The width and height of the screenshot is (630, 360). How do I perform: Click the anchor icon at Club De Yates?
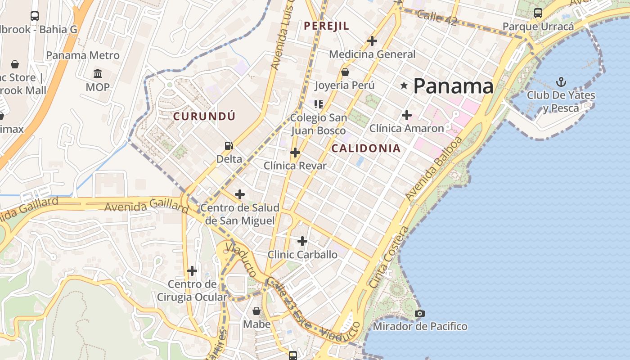coord(561,82)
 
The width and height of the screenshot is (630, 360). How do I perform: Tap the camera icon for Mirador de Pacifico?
coord(420,313)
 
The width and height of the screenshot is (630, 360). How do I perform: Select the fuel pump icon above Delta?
coord(229,145)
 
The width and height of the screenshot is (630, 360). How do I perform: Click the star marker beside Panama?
coord(404,85)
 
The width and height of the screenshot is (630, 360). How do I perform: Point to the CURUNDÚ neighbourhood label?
coord(204,116)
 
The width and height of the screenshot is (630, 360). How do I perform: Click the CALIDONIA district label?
coord(366,148)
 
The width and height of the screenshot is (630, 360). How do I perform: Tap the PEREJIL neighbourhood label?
coord(326,26)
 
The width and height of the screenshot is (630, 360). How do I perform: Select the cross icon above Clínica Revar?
coord(295,153)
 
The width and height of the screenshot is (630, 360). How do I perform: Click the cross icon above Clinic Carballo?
coord(302,241)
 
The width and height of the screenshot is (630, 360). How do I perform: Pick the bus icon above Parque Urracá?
coord(538,13)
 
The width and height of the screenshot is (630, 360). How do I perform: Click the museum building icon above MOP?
coord(98,73)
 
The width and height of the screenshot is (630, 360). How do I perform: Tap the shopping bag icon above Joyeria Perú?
coord(345,72)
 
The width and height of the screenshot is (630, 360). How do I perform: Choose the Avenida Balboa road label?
coord(433,169)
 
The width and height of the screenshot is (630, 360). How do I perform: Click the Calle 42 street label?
coord(436,18)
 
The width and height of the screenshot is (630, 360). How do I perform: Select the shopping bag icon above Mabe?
coord(256,311)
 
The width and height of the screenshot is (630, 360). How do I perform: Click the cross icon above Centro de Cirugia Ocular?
coord(192,271)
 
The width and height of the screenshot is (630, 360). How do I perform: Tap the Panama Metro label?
coord(83,55)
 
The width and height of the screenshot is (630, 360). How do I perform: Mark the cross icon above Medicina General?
coord(372,41)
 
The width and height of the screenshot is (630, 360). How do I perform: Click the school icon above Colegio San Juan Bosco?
coord(319,104)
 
